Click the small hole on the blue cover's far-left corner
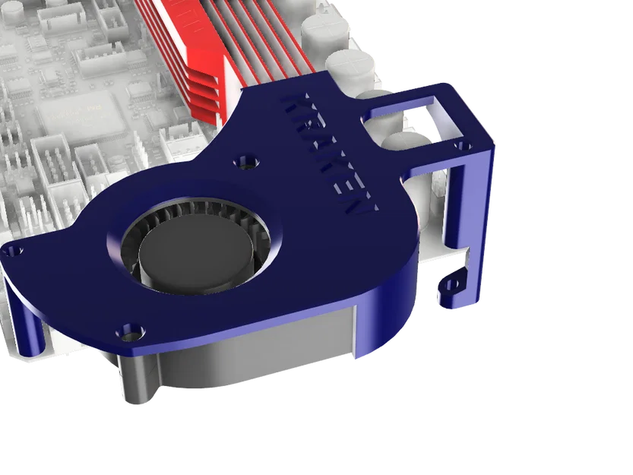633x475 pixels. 16,251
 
